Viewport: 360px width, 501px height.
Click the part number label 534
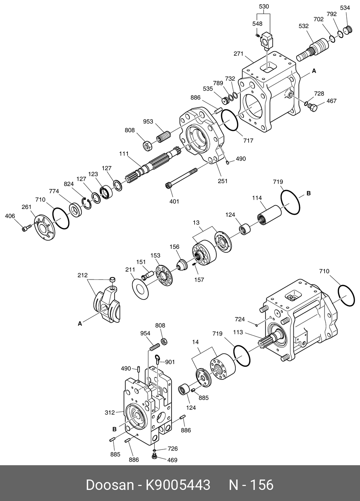click(x=345, y=8)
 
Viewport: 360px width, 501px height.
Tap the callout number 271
click(x=239, y=54)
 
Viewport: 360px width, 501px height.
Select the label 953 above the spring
click(x=148, y=121)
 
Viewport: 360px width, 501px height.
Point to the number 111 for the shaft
click(x=124, y=154)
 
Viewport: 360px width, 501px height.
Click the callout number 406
click(x=10, y=216)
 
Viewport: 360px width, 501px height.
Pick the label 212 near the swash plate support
click(x=83, y=275)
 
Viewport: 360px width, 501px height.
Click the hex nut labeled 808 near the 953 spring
click(x=148, y=146)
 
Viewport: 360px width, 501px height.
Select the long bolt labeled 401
click(x=182, y=178)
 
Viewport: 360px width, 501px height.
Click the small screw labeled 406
click(x=27, y=229)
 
